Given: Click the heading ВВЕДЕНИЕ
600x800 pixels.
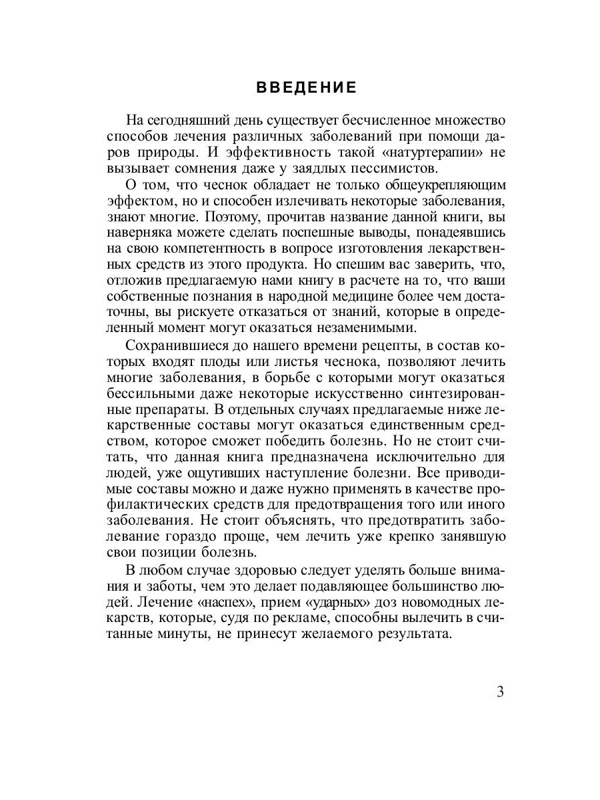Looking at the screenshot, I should [x=307, y=88].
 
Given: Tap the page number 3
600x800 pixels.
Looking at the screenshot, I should [x=500, y=691].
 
